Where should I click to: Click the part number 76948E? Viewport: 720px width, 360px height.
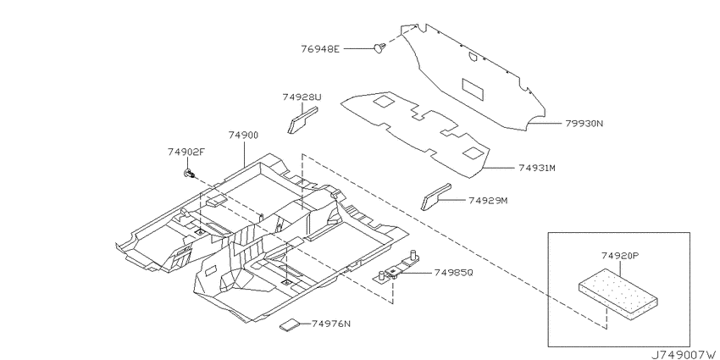[320, 48]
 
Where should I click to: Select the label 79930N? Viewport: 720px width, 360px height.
[583, 123]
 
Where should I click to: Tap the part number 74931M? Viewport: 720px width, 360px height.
[537, 168]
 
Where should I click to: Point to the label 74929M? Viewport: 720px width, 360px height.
[488, 201]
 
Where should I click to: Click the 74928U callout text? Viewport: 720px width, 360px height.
[302, 97]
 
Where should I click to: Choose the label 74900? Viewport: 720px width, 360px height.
[243, 135]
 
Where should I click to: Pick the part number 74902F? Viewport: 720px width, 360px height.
[186, 152]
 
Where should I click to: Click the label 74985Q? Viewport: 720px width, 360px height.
[453, 273]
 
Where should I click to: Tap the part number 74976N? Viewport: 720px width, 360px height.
[330, 324]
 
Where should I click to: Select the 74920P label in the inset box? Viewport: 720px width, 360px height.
[620, 256]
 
